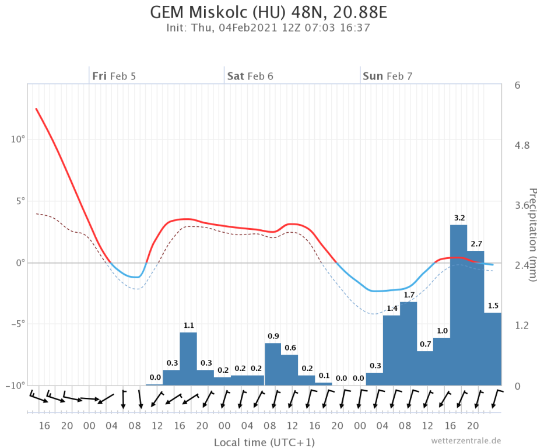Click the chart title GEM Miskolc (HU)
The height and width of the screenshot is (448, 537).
click(x=268, y=12)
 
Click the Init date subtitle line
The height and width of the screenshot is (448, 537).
click(x=268, y=27)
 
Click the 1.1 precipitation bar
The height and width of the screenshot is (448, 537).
click(x=188, y=359)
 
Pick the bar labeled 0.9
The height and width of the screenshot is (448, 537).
click(x=273, y=364)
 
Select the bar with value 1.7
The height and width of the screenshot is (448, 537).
click(x=409, y=344)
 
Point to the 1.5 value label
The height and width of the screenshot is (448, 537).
click(x=493, y=306)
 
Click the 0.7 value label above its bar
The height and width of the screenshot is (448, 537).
click(x=426, y=344)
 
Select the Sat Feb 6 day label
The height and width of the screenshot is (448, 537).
click(x=250, y=76)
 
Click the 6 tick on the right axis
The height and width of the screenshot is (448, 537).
click(x=517, y=85)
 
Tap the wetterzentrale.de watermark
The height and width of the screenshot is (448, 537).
click(x=466, y=440)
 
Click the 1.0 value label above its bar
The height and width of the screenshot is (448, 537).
click(x=442, y=331)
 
